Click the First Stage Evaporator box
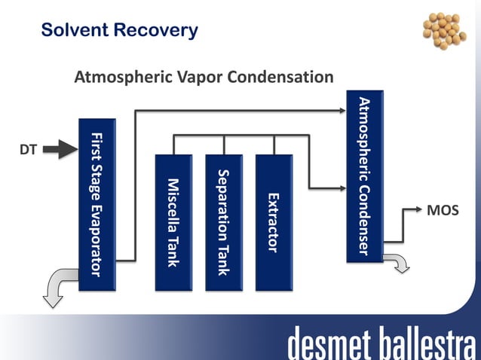click(x=97, y=203)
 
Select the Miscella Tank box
click(x=173, y=222)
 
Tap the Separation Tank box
click(x=224, y=222)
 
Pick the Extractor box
click(x=274, y=222)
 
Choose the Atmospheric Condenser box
click(x=364, y=177)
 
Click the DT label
click(x=28, y=150)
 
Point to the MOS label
click(x=443, y=210)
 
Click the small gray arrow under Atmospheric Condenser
click(x=397, y=261)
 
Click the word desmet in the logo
click(x=332, y=343)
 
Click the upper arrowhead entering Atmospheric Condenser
click(x=340, y=111)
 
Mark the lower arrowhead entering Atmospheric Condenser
click(x=340, y=188)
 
